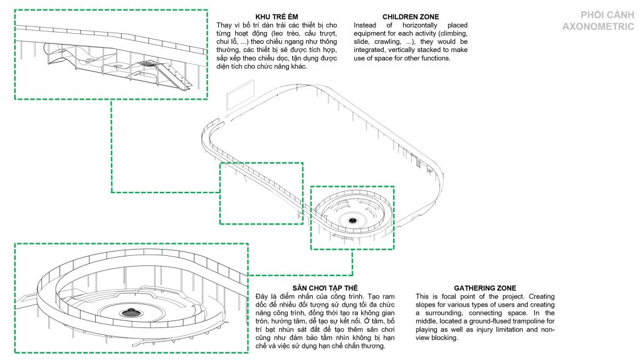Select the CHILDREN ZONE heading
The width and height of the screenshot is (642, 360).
pyautogui.click(x=411, y=17)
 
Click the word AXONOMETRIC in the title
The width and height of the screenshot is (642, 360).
pyautogui.click(x=598, y=26)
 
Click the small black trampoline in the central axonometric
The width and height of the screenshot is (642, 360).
pyautogui.click(x=352, y=220)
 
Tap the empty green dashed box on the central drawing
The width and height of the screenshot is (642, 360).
pyautogui.click(x=261, y=193)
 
